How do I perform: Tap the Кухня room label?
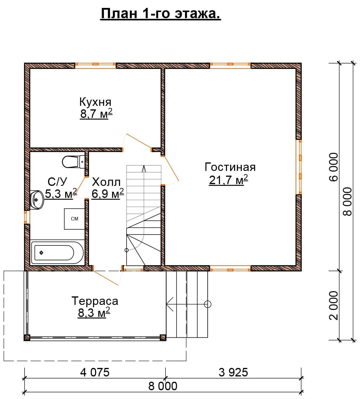click(x=95, y=102)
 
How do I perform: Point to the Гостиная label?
click(x=230, y=167)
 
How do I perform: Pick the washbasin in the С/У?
click(x=37, y=200)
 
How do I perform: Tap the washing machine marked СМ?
click(x=74, y=219)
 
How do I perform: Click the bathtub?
click(x=57, y=253)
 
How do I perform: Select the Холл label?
click(x=106, y=182)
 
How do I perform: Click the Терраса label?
click(x=95, y=301)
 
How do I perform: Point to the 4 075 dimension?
click(x=95, y=372)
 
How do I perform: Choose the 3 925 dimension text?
click(x=233, y=372)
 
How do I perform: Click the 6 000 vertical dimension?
click(x=334, y=167)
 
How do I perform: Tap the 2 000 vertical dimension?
click(x=334, y=305)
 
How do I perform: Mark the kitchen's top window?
click(x=95, y=65)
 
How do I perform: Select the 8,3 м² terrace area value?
click(x=94, y=313)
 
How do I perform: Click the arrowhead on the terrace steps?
click(x=170, y=304)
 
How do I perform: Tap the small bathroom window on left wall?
click(x=27, y=217)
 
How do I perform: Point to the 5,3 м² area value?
click(x=61, y=193)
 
